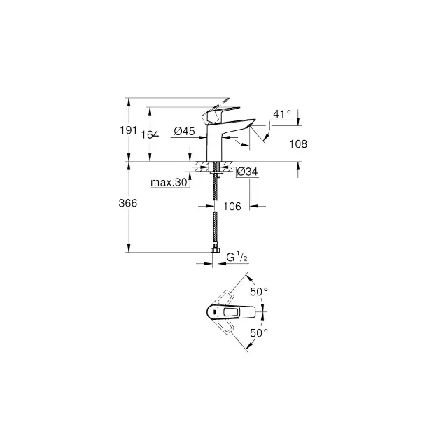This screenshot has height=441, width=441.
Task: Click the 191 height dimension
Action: click(129, 130)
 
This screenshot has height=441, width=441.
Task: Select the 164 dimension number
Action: click(150, 134)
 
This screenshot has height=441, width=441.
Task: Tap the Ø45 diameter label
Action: click(185, 131)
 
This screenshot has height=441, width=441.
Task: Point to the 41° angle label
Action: click(282, 114)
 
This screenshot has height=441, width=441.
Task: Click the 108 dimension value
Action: click(298, 144)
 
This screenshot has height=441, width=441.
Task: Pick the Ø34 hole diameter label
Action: click(248, 171)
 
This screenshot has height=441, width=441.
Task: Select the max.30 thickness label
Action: click(169, 182)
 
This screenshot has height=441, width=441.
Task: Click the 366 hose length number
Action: click(128, 203)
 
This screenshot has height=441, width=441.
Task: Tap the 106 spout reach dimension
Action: click(232, 206)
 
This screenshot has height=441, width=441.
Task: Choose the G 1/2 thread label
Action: click(237, 257)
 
